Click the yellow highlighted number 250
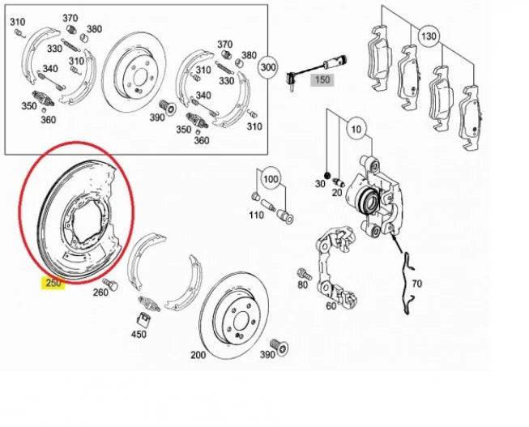tap(53, 283)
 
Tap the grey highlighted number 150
tap(322, 80)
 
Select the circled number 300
tap(267, 68)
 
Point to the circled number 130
tap(428, 36)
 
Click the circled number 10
tap(355, 128)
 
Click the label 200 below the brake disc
tap(198, 355)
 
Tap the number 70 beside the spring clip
tap(417, 284)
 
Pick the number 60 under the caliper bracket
tap(331, 305)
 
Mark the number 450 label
tap(139, 333)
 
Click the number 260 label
tap(100, 292)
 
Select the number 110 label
tap(256, 215)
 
